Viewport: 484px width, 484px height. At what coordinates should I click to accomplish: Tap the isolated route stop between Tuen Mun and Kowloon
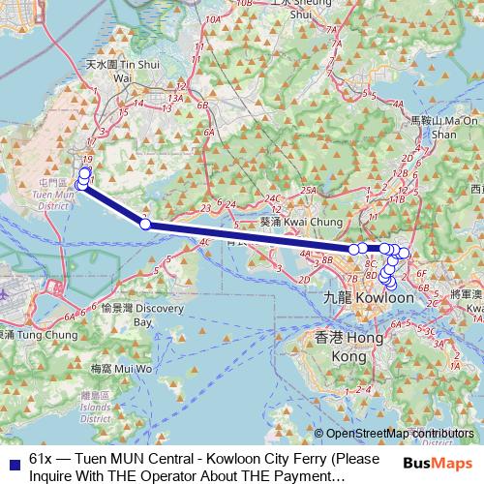point(145,224)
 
